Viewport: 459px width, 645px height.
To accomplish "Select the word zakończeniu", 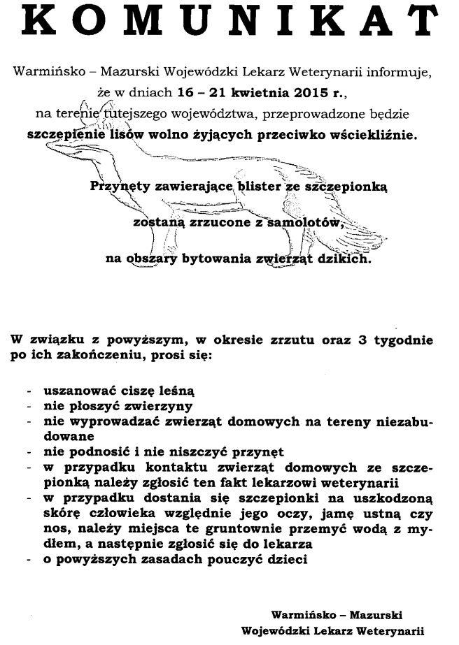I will click(x=132, y=356).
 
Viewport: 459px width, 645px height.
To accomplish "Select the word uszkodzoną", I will click(x=392, y=499).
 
